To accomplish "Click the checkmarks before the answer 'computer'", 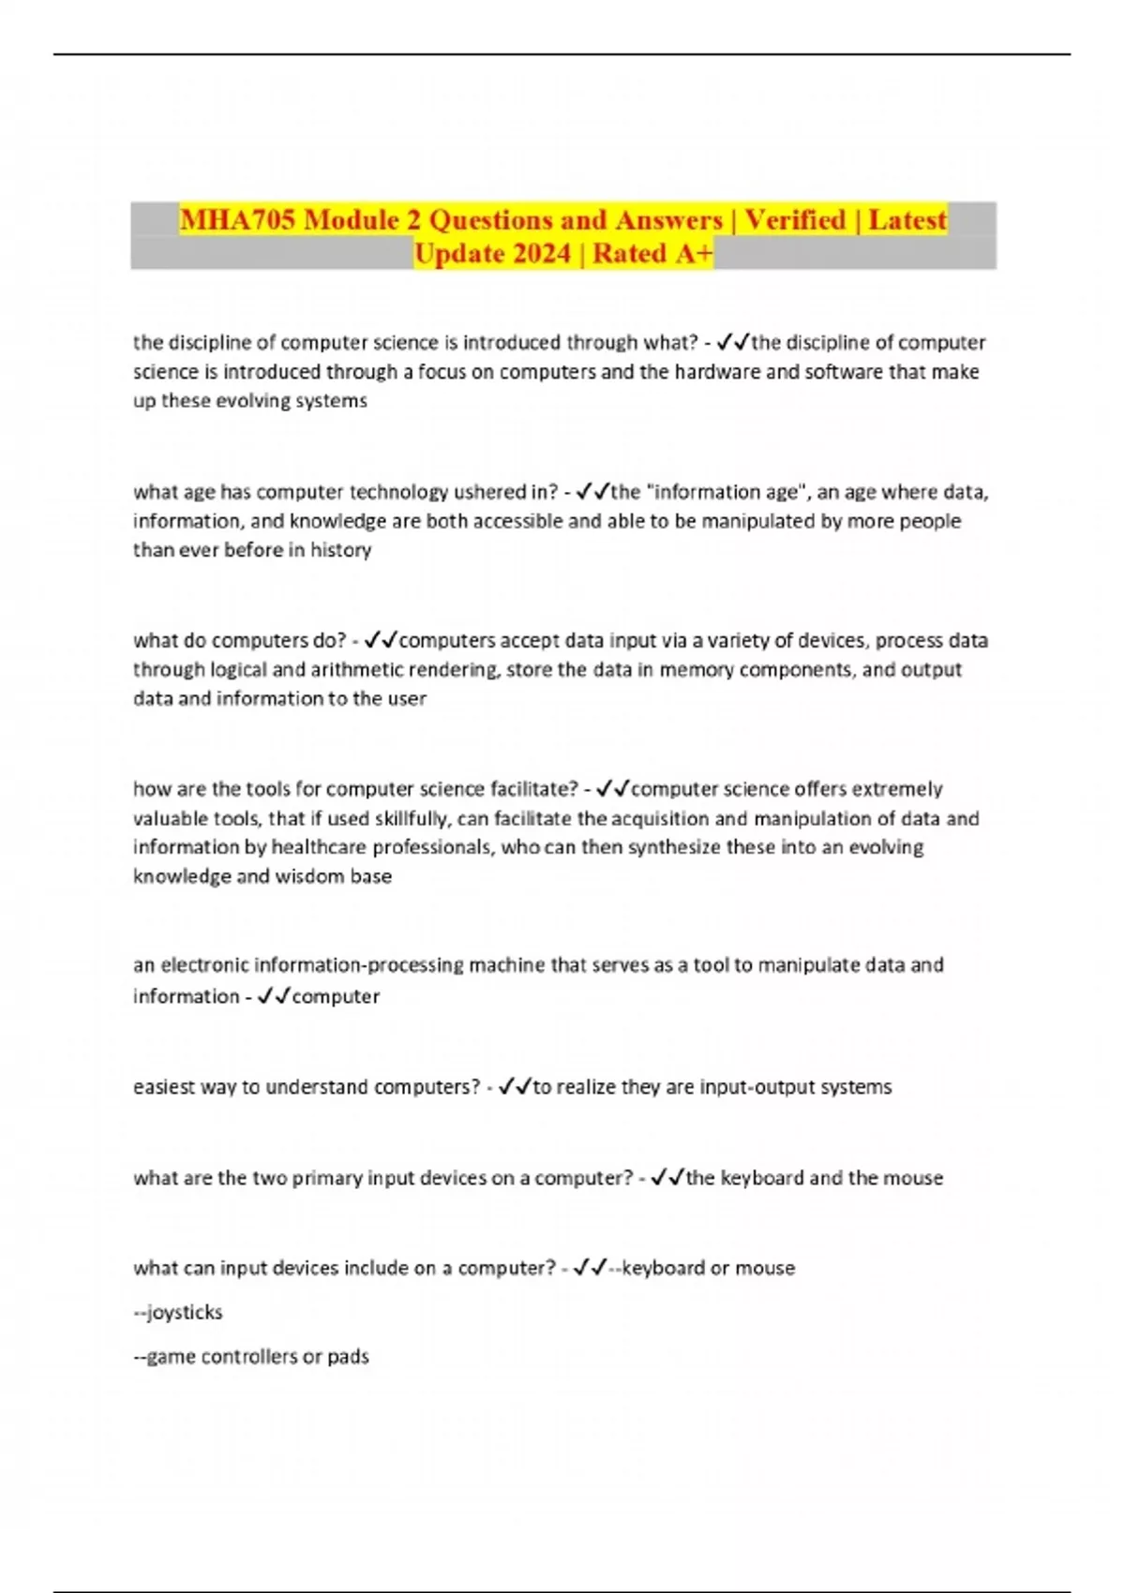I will click(x=274, y=996).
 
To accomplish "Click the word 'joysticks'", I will click(x=185, y=1312).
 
